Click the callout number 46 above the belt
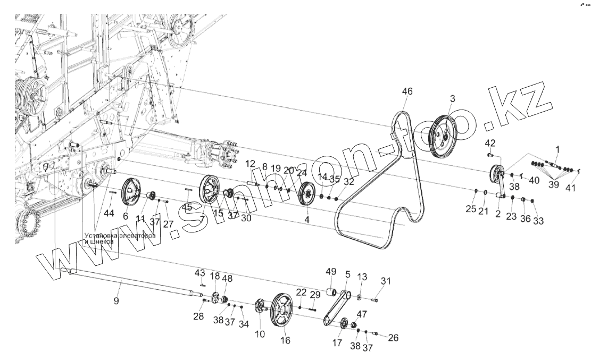click(407, 91)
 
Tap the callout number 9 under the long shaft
click(116, 300)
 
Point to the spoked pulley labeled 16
click(281, 310)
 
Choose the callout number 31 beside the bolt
click(386, 281)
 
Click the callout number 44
click(109, 213)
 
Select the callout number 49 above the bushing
click(330, 272)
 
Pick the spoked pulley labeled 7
click(210, 192)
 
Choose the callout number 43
click(200, 273)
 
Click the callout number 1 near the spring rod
click(557, 148)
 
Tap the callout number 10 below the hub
click(260, 334)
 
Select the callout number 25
click(471, 209)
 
